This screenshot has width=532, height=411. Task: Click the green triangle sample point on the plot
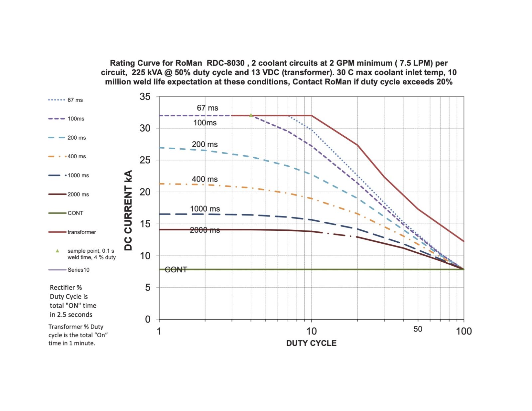[251, 115]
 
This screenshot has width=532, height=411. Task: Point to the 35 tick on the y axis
[145, 97]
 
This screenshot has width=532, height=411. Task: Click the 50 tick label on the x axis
[418, 329]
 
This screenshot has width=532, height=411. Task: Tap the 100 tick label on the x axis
[464, 331]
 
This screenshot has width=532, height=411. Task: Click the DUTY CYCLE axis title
[311, 343]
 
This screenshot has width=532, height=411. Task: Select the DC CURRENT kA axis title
[128, 210]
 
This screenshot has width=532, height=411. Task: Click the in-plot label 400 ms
[204, 179]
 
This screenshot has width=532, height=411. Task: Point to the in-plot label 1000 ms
[205, 209]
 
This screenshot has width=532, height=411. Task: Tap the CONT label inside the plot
[176, 270]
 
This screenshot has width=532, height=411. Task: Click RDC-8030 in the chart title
[225, 63]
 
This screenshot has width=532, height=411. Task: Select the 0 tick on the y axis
[148, 319]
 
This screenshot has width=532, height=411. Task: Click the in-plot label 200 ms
[204, 144]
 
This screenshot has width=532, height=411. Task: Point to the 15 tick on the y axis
[145, 224]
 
